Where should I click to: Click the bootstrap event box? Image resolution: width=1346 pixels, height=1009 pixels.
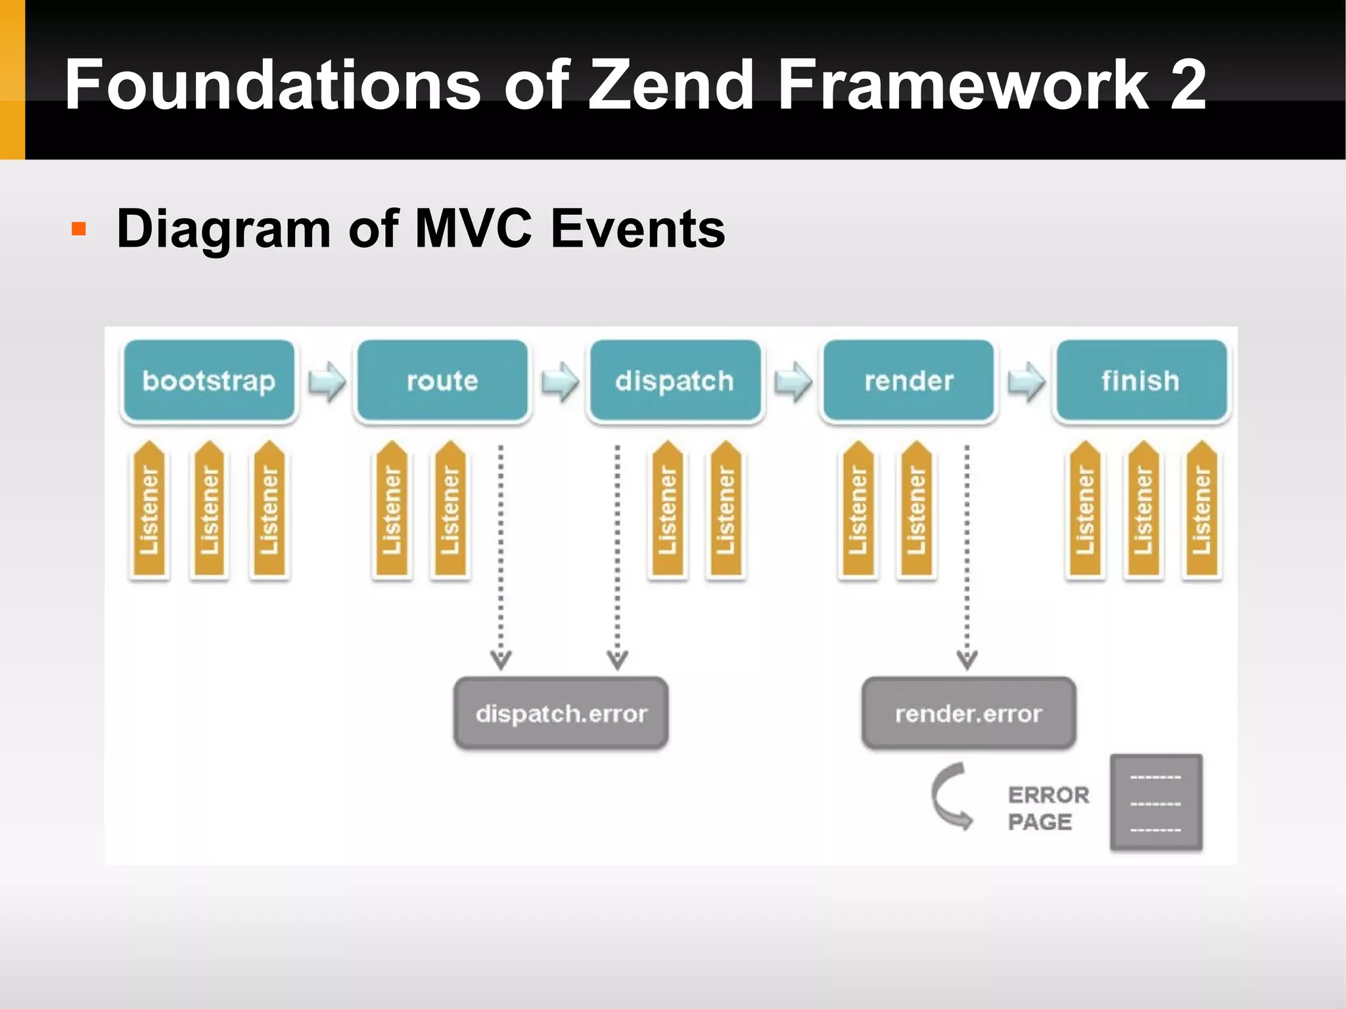click(209, 381)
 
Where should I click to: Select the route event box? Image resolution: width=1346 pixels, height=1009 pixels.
click(442, 381)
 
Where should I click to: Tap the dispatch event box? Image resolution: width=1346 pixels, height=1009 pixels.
click(675, 381)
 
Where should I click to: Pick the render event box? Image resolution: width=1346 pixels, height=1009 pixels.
click(908, 381)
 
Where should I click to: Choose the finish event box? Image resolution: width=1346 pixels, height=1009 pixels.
click(1141, 381)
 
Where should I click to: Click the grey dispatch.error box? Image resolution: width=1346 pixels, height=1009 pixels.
click(561, 713)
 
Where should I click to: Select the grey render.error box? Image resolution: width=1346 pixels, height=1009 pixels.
click(969, 713)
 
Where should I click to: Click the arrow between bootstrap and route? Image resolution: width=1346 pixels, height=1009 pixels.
click(327, 381)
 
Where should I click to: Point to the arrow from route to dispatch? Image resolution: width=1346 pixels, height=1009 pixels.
click(560, 381)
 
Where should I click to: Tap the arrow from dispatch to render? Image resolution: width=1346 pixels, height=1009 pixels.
click(793, 381)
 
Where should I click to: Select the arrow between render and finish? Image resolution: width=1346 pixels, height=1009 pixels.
click(1026, 381)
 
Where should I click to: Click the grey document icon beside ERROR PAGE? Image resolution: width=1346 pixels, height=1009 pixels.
click(1156, 803)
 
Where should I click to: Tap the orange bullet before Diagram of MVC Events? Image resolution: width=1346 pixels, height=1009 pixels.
click(79, 229)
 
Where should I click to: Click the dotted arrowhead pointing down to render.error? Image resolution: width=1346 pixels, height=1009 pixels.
click(967, 659)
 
